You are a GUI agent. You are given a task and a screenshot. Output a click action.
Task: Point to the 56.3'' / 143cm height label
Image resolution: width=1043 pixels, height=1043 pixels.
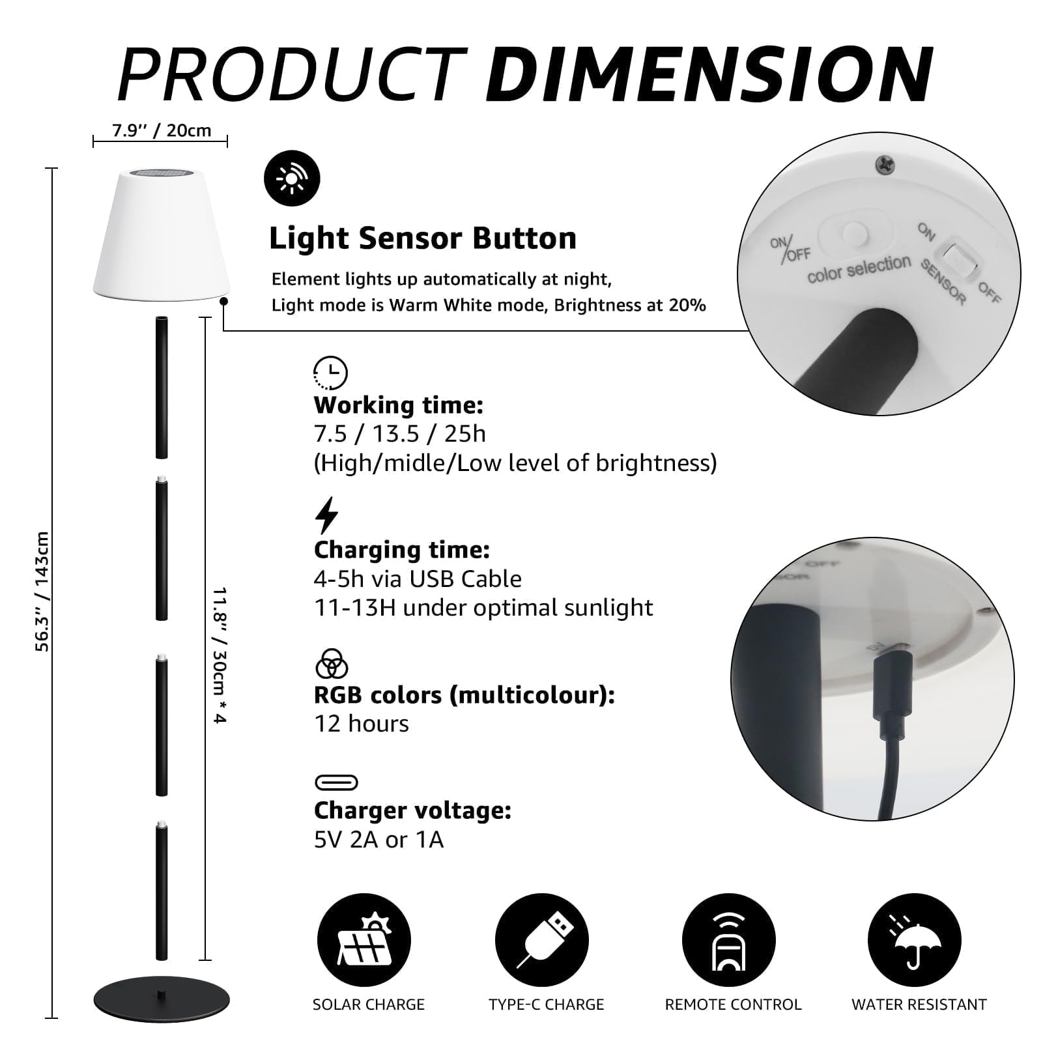pos(42,592)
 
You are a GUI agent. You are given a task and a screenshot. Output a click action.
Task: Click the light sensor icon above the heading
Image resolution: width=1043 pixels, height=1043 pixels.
pos(292,179)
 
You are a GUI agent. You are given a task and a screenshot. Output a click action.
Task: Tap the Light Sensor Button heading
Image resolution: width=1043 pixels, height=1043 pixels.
pos(423,238)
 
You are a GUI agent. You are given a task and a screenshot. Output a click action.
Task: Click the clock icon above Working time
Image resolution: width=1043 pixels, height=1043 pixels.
pos(330,373)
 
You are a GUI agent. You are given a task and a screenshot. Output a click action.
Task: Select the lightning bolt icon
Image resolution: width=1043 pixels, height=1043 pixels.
pos(326,515)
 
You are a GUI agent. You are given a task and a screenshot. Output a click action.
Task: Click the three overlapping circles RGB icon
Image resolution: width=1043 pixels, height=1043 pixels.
pos(331,664)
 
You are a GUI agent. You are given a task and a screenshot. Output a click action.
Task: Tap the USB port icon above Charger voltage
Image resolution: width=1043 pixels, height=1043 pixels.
pos(336,782)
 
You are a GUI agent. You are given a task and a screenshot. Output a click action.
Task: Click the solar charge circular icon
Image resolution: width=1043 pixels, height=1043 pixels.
pos(364,940)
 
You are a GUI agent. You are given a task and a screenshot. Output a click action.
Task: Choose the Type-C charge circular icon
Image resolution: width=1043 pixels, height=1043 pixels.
pos(541,940)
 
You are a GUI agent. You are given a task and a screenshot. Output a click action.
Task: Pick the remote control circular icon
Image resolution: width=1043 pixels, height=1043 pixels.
pos(728,940)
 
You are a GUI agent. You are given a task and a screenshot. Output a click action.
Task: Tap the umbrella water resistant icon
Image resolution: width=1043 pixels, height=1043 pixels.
pos(914,940)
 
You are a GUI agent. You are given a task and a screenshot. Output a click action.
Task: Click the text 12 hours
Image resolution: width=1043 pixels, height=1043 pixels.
pos(362,724)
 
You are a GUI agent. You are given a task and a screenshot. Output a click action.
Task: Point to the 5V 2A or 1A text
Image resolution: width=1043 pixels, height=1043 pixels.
pos(379,840)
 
